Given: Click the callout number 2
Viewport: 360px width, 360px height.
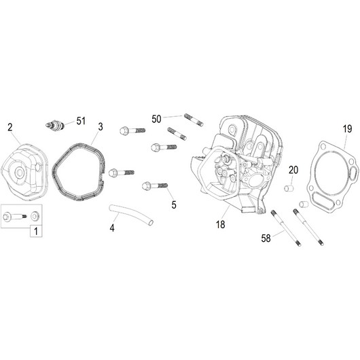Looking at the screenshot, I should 10,127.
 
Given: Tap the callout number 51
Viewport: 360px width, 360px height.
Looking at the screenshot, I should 81,121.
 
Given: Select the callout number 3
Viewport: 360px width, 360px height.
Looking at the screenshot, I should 100,126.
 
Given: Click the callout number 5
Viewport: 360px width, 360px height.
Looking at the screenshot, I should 173,185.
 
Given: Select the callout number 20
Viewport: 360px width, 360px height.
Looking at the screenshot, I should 293,170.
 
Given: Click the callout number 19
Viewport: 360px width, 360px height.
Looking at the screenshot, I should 347,128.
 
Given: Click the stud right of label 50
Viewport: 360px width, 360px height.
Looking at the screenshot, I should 191,121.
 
